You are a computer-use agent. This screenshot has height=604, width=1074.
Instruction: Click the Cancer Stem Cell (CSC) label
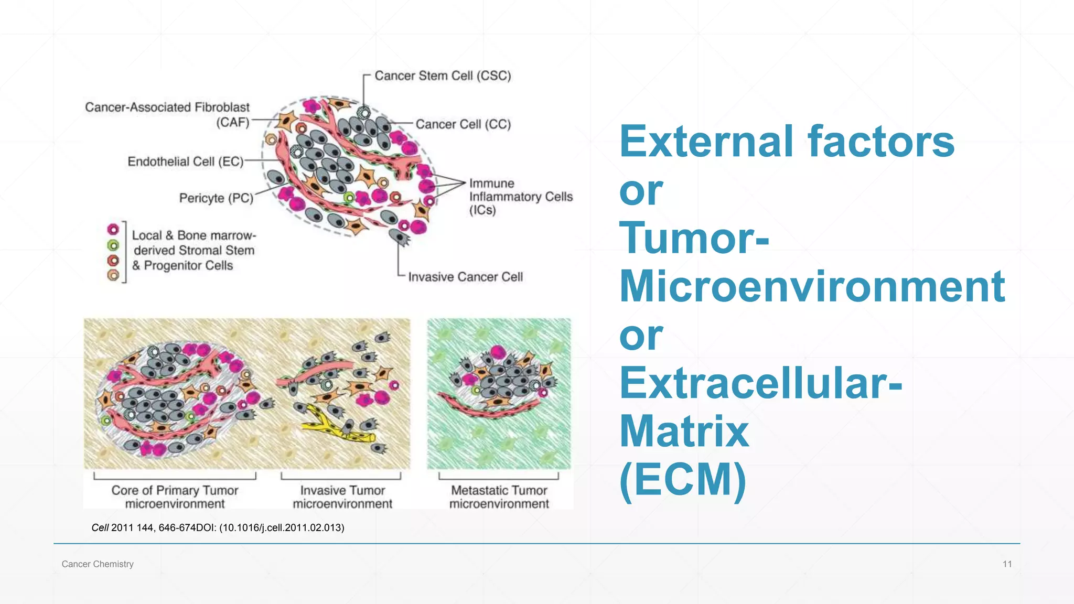(443, 76)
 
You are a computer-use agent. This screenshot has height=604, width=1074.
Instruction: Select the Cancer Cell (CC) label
(463, 124)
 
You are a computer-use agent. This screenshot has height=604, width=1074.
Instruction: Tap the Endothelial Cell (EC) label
(186, 161)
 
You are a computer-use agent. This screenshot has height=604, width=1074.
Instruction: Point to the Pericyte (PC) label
(216, 198)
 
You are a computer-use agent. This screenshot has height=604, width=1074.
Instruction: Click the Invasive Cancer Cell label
(465, 277)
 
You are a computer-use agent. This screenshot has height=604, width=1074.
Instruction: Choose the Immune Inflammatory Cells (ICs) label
(520, 197)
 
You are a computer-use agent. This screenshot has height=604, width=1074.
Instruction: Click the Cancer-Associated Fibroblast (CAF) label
(167, 115)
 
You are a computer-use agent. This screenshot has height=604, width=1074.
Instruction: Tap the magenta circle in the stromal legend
(113, 230)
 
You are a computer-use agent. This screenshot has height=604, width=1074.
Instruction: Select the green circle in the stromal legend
(113, 245)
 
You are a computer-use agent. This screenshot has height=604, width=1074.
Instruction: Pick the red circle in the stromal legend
(113, 261)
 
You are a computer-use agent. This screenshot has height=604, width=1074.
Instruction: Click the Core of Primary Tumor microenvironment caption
(175, 497)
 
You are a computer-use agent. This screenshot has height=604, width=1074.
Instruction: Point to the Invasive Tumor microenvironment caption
(342, 497)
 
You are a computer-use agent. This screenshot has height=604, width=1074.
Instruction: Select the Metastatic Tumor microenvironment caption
(499, 497)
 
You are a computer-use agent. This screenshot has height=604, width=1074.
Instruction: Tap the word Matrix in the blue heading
(684, 431)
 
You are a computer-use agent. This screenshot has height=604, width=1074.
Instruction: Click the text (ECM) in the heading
(682, 479)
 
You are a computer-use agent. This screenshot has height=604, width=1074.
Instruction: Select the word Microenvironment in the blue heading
(812, 286)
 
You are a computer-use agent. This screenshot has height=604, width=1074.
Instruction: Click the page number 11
(1007, 564)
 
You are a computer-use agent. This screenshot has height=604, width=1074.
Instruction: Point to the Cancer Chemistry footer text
(98, 564)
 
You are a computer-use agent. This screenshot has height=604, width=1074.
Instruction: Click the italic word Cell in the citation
(100, 528)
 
